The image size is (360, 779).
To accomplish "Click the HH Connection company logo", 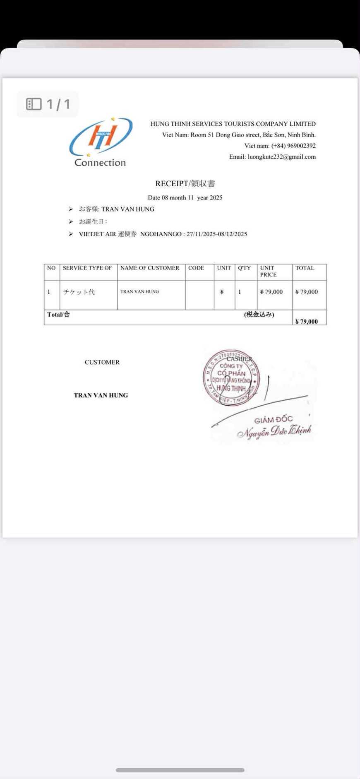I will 101,142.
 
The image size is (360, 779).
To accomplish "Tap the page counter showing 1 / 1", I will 48,104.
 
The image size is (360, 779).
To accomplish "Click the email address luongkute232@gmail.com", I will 281,157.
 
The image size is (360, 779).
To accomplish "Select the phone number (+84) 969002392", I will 293,146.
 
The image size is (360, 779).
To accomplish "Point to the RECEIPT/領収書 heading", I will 185,183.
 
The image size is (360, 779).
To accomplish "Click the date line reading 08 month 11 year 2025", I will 185,197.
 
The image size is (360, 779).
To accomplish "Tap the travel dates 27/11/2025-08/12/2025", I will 216,234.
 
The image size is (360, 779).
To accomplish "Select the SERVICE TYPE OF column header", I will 87,268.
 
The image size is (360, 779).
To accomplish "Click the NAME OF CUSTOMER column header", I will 150,268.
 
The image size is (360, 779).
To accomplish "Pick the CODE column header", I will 196,268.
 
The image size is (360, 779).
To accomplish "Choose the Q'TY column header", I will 244,268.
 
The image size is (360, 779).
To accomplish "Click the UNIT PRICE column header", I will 268,271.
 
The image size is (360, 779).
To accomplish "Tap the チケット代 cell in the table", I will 79,292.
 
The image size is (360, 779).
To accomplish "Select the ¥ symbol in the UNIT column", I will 222,292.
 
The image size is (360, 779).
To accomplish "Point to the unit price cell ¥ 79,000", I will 271,292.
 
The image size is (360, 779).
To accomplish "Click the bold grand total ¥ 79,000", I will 307,321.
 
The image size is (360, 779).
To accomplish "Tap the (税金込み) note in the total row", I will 259,315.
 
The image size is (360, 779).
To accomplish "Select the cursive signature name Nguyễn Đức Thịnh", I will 274,431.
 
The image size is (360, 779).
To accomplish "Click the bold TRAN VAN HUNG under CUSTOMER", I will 101,395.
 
